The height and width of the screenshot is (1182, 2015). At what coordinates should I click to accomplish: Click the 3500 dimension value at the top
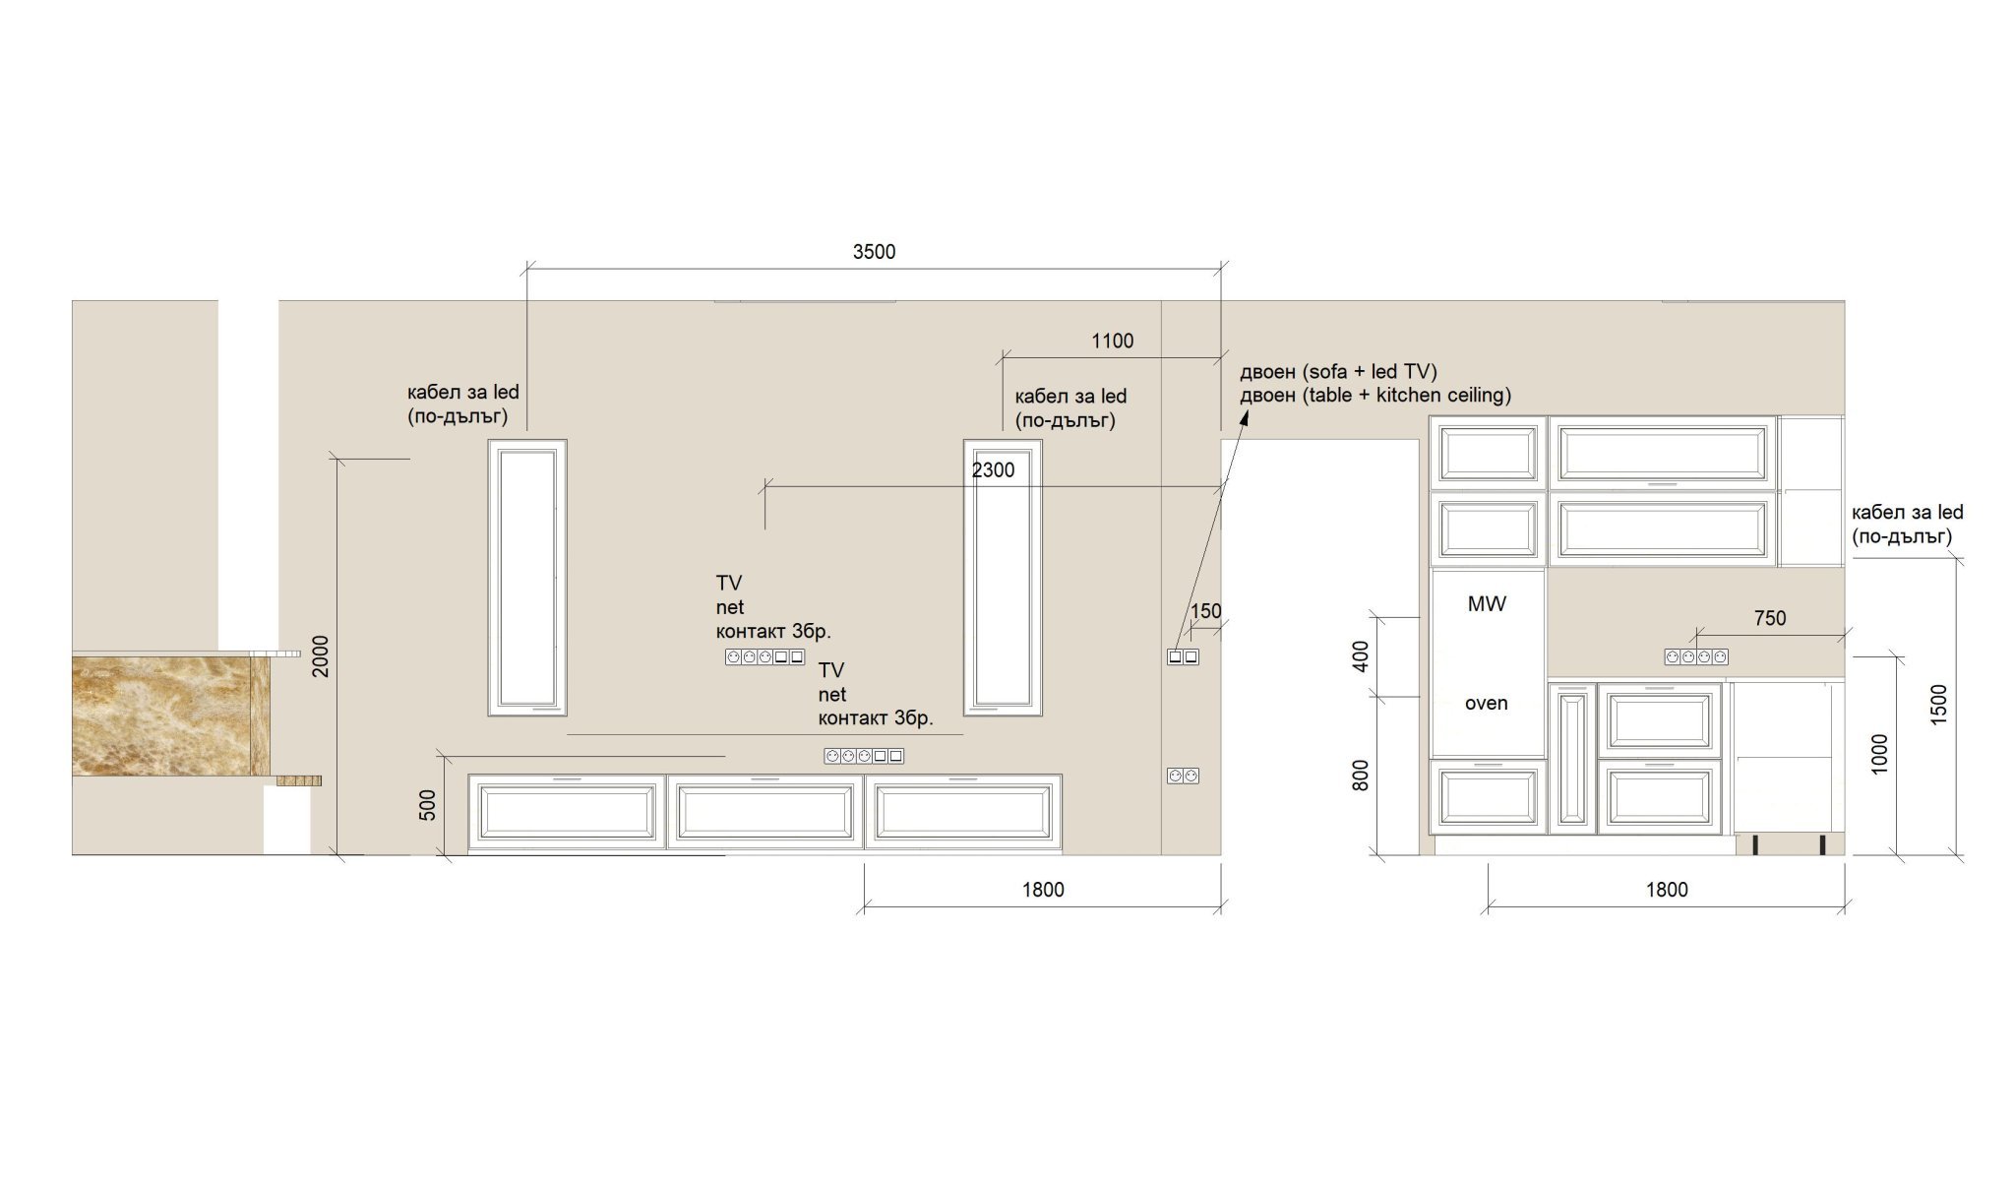point(874,252)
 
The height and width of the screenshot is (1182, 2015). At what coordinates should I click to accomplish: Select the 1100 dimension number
point(1113,341)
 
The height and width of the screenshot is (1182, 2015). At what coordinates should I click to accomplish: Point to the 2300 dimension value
point(993,470)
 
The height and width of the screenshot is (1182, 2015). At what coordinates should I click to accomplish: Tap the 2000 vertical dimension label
point(321,655)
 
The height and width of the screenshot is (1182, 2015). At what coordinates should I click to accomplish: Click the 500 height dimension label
point(427,805)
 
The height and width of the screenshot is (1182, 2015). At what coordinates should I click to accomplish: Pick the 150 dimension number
point(1205,611)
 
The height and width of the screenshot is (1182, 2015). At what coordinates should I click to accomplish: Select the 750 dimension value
point(1769,618)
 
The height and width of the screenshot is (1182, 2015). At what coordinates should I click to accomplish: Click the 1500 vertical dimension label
point(1938,705)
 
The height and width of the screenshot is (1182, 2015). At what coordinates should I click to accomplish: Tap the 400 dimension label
point(1361,656)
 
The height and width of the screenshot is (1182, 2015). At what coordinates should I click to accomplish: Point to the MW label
point(1487,604)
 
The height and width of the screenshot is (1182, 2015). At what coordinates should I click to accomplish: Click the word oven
point(1486,703)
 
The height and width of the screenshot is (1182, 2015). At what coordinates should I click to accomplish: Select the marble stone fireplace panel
point(170,715)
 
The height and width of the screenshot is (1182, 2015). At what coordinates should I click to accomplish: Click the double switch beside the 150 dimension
point(1184,656)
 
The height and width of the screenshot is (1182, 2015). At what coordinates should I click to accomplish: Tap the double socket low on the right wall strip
point(1184,777)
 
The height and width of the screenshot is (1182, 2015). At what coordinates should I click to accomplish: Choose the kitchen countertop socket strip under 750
point(1696,656)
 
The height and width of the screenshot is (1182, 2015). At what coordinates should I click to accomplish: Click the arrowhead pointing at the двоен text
point(1244,420)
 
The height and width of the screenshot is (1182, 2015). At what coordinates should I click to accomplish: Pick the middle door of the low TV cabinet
point(765,812)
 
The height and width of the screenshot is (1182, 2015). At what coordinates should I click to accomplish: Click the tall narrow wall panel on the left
point(527,577)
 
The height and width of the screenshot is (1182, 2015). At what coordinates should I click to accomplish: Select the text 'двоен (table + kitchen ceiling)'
point(1375,396)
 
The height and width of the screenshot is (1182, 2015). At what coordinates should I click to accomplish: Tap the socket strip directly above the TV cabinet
point(864,756)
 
